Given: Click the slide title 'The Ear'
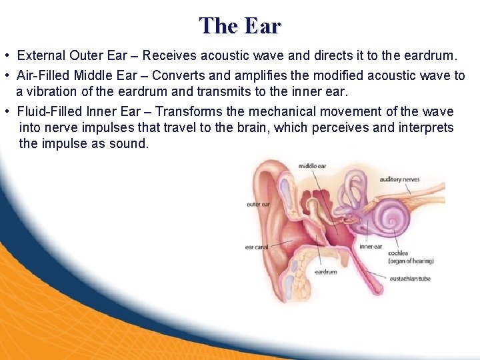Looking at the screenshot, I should [240, 25].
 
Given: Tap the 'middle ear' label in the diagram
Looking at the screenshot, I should [312, 166].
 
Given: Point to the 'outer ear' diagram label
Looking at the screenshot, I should [258, 204].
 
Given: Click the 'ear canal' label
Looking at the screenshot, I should [257, 247].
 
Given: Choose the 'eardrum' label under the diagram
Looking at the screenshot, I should [325, 272].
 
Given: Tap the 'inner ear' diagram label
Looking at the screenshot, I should [371, 246].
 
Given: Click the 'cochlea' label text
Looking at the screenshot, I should [399, 253].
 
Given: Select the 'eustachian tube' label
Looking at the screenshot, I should [409, 278].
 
